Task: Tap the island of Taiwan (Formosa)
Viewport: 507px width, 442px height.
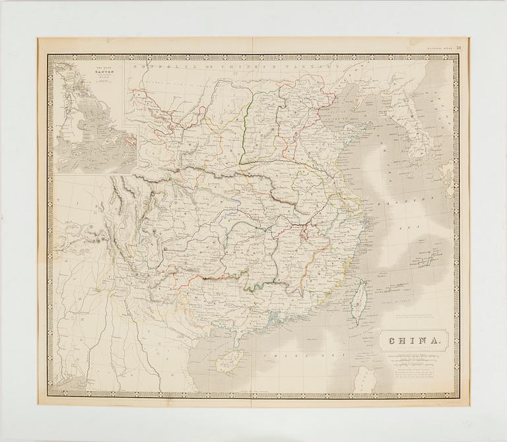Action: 360,301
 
